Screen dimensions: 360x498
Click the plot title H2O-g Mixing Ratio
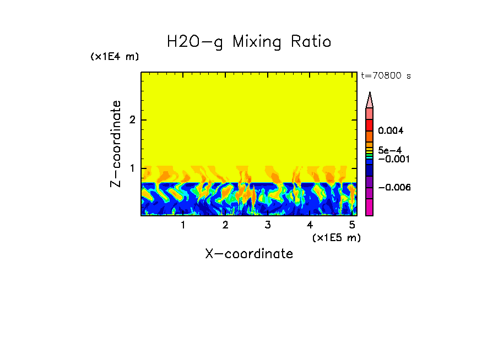249,42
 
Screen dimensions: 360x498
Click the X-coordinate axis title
249,254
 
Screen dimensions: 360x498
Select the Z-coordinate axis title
116,144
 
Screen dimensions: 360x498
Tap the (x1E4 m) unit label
115,57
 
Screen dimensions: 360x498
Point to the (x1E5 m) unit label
336,237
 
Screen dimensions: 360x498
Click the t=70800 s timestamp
386,76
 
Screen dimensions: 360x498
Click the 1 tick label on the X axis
183,225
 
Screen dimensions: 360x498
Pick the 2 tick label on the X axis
225,225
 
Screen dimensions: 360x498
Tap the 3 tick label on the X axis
268,225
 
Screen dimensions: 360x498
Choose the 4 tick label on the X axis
310,225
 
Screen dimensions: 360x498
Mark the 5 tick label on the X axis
352,225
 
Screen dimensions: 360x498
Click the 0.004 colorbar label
391,131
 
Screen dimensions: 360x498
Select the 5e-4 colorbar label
389,150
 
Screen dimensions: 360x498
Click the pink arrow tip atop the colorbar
370,100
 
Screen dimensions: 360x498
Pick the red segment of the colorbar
370,125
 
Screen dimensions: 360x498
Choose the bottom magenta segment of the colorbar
370,207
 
